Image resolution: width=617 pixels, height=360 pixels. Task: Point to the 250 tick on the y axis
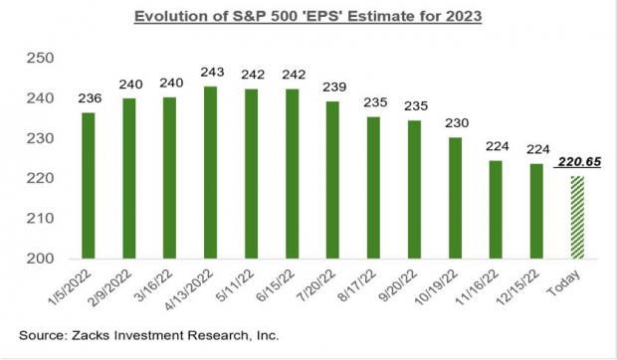(40, 59)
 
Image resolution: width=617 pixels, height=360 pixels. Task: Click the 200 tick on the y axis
(40, 259)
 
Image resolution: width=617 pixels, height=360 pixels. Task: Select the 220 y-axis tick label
(40, 178)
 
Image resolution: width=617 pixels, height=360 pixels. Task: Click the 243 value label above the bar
(210, 73)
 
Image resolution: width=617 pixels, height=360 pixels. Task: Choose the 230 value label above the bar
(455, 123)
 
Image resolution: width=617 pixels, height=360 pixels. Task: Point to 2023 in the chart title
(461, 18)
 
